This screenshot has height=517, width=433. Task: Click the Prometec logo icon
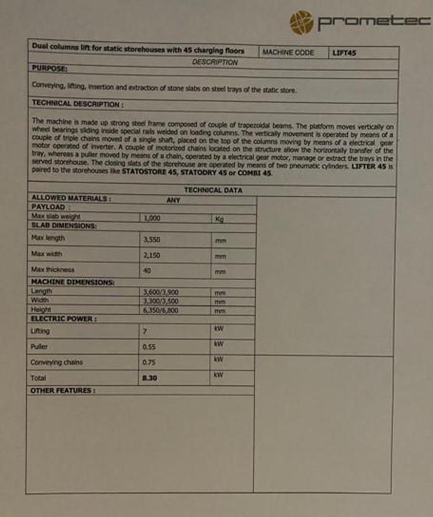coord(301,22)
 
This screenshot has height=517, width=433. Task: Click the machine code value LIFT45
coord(345,53)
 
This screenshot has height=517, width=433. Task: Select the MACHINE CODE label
coord(288,52)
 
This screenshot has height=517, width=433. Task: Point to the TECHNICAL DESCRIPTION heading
coord(77,104)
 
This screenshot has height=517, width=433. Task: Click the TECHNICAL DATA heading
coord(213,190)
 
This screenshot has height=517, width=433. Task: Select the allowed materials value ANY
coord(173,200)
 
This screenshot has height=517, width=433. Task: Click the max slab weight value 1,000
coord(152,218)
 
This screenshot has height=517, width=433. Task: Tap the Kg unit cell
coord(219,219)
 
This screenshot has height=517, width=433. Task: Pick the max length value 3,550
coord(152,238)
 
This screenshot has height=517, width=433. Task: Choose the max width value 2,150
coord(152,254)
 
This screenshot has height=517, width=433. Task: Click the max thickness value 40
coord(147,270)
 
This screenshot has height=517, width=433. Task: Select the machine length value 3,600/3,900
coord(160,292)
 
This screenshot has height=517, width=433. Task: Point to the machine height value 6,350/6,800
coord(160,310)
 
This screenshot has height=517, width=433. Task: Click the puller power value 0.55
coord(149,347)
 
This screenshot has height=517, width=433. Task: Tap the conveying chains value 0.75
coord(149,362)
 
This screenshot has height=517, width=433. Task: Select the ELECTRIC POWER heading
coord(63,319)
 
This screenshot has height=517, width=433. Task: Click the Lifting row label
coord(40,331)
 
